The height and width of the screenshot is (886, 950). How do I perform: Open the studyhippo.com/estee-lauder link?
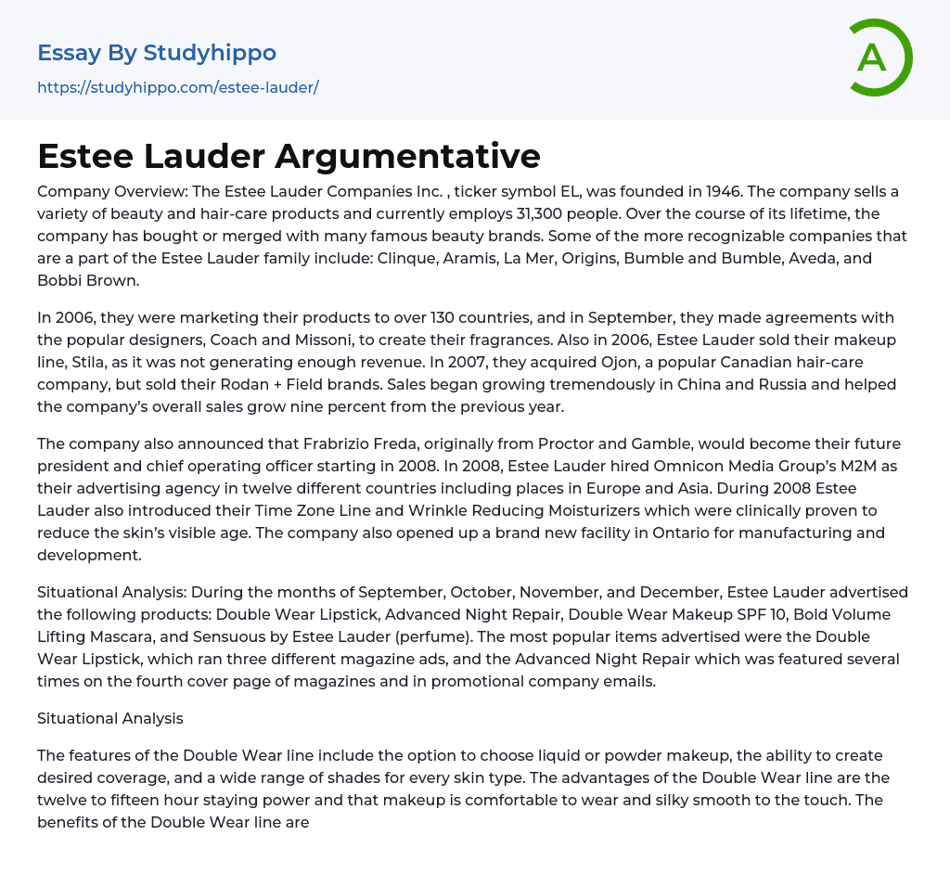[x=177, y=87]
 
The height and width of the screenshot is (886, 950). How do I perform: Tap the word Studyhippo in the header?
[x=210, y=53]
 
